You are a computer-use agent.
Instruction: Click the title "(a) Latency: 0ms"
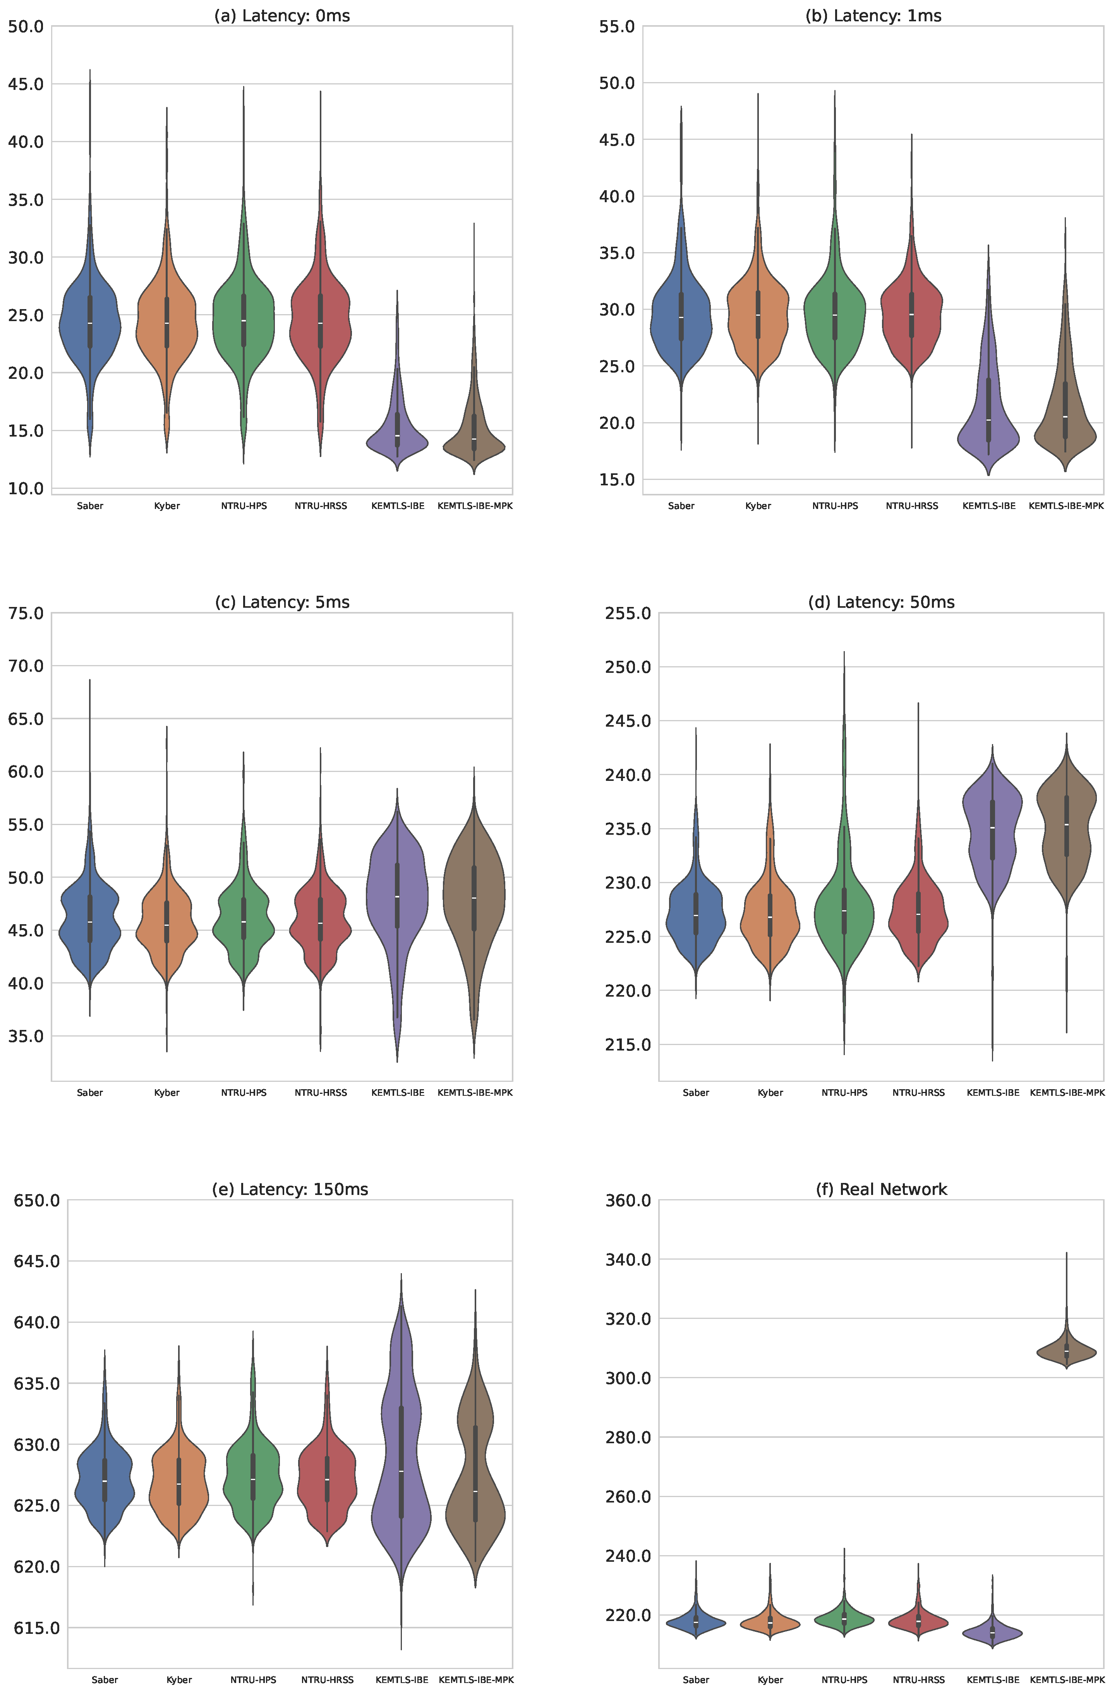[x=282, y=15]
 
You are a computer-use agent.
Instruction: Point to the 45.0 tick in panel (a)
[x=26, y=84]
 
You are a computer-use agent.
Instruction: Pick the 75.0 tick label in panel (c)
[x=26, y=613]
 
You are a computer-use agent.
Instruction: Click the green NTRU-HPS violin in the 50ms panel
[x=844, y=912]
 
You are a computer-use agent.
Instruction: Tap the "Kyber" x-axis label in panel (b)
[x=758, y=506]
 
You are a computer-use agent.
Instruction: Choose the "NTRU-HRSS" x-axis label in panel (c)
[x=321, y=1092]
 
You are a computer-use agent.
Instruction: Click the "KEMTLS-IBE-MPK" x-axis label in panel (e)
[x=476, y=1680]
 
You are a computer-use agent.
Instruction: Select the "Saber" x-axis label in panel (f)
[x=696, y=1680]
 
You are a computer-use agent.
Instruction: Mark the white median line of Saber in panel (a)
[x=90, y=323]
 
